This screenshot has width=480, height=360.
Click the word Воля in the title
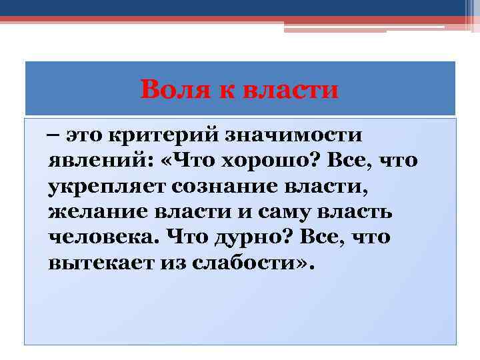[x=171, y=89]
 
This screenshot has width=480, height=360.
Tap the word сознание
[x=226, y=185]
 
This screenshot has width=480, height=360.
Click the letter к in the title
[x=219, y=89]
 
